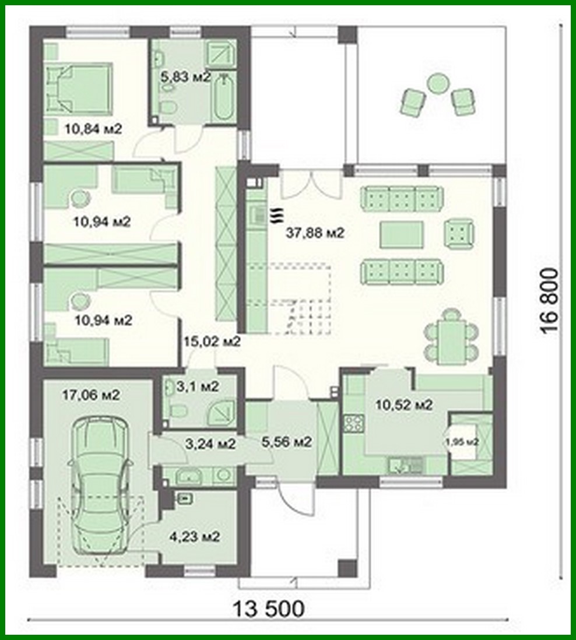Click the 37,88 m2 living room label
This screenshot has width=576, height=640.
point(315,233)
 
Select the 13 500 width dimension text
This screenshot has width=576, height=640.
point(269,609)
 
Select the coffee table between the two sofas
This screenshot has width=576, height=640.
point(401,235)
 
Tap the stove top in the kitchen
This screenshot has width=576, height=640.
point(353,423)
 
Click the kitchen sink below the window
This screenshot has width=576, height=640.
point(407,465)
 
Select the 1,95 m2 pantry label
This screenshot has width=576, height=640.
point(463,442)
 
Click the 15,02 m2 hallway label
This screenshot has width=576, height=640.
point(212,342)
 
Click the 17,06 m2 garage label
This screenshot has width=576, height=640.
point(91,395)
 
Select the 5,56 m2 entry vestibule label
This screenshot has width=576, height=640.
point(287,442)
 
